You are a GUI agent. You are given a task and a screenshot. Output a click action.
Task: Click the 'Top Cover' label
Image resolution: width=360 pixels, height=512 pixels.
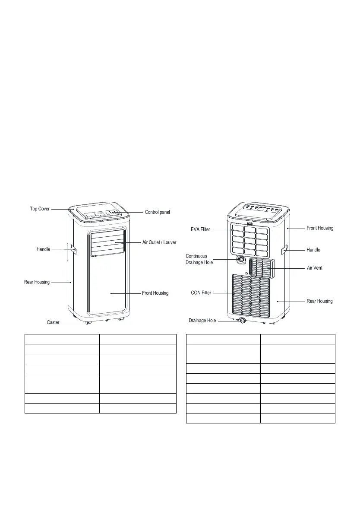(40, 209)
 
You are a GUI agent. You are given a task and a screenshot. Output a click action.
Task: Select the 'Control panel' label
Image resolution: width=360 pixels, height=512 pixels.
(158, 212)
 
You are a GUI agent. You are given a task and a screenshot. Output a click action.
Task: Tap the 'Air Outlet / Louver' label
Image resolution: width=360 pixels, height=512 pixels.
(159, 243)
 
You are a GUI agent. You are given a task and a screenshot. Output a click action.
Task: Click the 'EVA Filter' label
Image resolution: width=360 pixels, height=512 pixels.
(200, 229)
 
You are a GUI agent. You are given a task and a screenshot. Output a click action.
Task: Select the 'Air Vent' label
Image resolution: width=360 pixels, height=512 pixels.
(315, 268)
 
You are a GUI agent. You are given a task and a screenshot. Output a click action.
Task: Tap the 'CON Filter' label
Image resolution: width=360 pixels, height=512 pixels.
(201, 293)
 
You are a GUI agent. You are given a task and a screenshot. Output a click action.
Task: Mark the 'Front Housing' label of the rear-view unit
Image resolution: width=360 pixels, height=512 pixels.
(320, 228)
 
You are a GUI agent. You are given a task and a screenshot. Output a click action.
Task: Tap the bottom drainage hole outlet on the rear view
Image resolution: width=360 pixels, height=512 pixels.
(242, 321)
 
